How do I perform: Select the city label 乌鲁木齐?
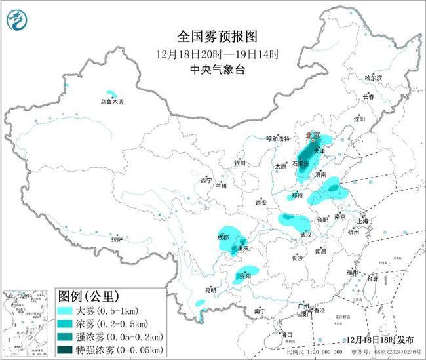coord(111,102)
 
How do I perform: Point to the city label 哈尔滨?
coord(372,77)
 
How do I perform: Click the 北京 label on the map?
coord(313,136)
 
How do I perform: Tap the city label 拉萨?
coord(117,239)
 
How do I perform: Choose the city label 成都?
coord(222,237)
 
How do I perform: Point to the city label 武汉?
coord(305,234)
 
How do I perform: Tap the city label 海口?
coord(286,334)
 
